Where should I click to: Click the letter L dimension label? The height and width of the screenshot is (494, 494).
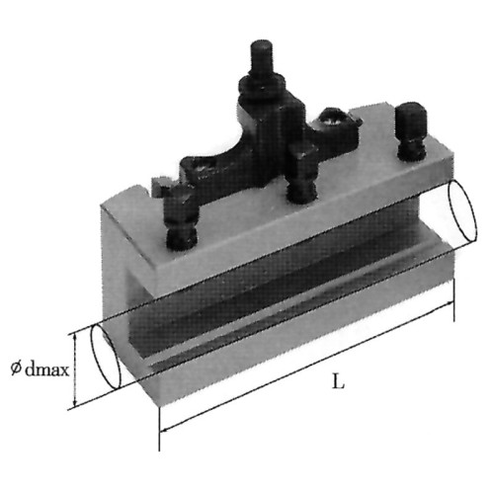pos(338,382)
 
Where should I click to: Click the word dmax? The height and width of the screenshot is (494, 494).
pos(47,370)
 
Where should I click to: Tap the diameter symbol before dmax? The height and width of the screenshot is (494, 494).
pos(15,369)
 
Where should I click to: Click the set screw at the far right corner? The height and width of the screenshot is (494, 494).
pos(411,131)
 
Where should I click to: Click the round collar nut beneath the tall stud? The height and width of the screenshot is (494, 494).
pos(262,86)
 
